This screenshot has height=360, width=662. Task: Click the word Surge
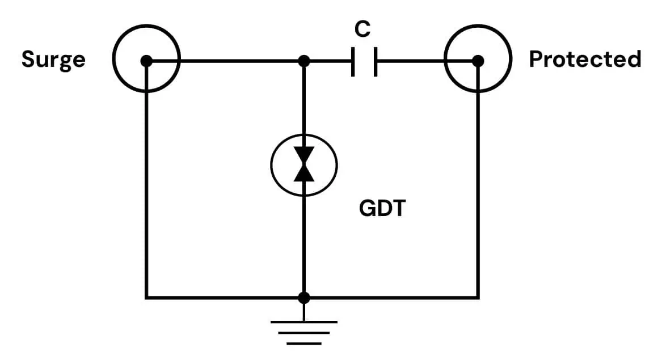53,60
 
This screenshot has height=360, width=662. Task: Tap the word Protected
585,60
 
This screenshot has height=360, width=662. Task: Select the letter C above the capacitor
362,29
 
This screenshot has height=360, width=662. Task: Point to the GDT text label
383,209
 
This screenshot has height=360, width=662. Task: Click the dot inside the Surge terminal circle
146,60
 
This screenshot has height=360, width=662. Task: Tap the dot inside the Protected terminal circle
478,60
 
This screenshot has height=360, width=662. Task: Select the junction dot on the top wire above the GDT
304,60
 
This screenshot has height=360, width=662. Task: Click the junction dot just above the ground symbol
304,297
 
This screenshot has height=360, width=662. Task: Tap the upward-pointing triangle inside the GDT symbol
304,173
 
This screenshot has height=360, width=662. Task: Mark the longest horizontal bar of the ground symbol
304,322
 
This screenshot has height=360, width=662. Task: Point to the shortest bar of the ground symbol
304,343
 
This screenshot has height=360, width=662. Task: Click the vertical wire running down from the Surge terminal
146,187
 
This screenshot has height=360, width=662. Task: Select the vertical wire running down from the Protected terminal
478,187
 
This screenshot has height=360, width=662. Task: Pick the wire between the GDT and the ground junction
304,244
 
